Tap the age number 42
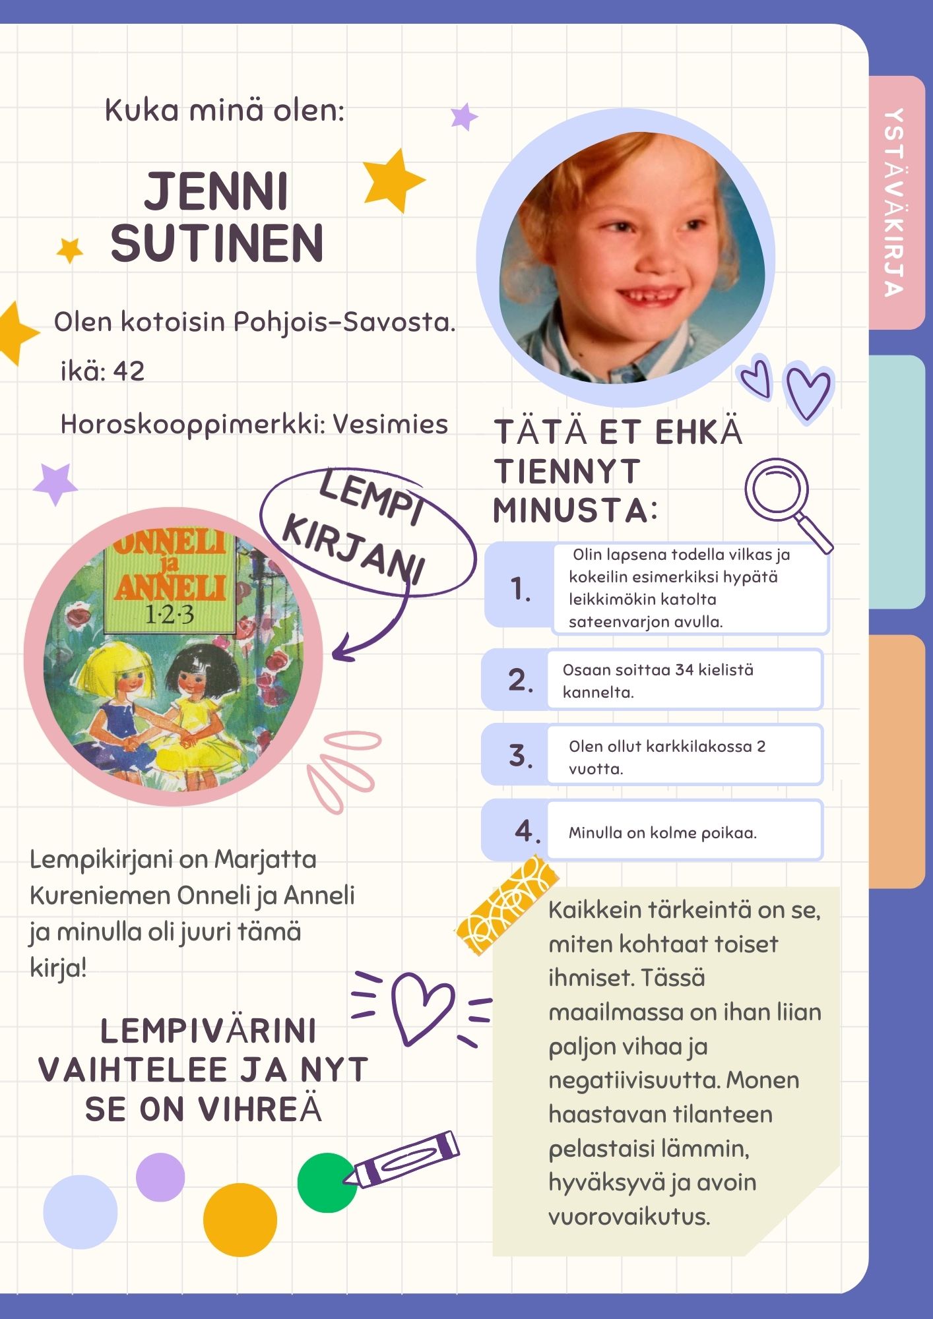(129, 371)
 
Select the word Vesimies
(390, 424)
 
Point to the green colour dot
(326, 1182)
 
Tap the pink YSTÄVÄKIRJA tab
(895, 202)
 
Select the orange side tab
(897, 761)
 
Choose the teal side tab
(897, 481)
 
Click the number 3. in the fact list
(521, 756)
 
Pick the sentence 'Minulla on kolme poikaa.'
(662, 833)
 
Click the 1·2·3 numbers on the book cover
(169, 615)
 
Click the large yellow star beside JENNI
(393, 179)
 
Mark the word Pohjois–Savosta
(344, 322)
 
